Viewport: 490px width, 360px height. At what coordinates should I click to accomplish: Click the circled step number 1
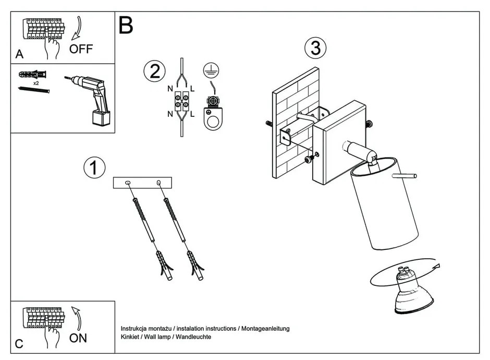[94, 167]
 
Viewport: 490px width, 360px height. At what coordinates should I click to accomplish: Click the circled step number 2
[154, 71]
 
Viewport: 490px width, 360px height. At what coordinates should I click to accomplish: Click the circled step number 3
[315, 48]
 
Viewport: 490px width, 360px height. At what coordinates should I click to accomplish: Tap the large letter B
[126, 25]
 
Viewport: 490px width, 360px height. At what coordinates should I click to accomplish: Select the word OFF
[81, 50]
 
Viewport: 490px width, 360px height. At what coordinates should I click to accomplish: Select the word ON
[78, 338]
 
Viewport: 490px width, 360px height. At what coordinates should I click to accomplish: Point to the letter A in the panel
[19, 54]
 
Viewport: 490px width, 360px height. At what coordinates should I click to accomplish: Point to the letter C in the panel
[19, 344]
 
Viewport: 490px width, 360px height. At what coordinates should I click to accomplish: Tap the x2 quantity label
[36, 83]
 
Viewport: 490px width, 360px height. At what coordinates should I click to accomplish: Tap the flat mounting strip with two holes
[142, 183]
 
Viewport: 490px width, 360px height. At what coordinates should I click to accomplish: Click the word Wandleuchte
[193, 337]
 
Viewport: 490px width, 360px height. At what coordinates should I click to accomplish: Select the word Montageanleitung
[266, 329]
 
